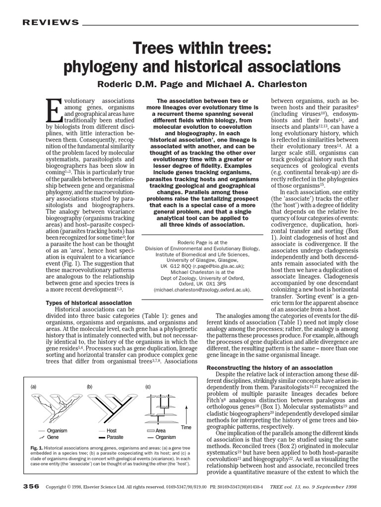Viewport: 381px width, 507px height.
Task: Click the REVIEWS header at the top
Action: pyautogui.click(x=50, y=23)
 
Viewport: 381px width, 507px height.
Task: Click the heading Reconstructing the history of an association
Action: pyautogui.click(x=269, y=367)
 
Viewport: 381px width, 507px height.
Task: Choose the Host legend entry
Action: pyautogui.click(x=112, y=431)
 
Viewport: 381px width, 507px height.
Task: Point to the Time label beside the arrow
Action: pyautogui.click(x=186, y=427)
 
